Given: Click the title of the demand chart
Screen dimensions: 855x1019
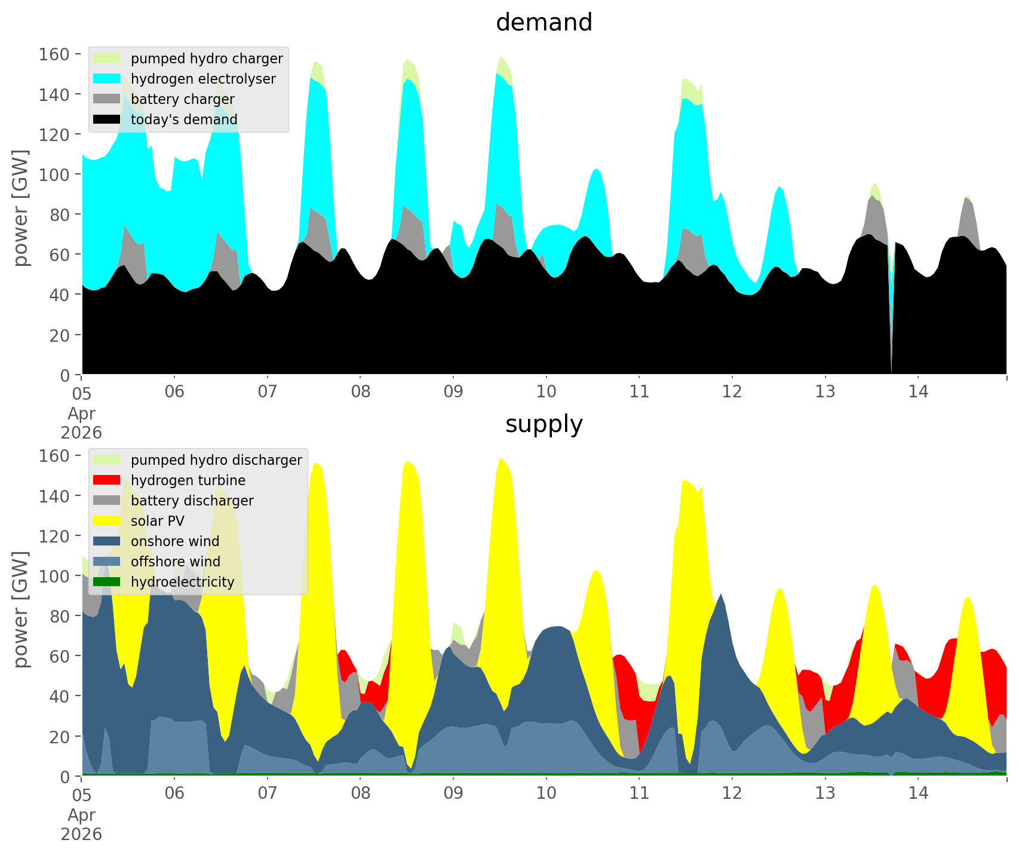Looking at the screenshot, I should (544, 23).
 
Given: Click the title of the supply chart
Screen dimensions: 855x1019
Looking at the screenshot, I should (544, 424).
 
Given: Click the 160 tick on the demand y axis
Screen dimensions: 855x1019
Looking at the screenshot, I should (54, 54).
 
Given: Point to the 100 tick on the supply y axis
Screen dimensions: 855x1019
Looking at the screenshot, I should (54, 576).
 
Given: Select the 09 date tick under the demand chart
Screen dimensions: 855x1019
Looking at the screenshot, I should (453, 392).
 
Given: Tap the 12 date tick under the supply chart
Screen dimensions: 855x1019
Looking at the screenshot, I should (732, 793).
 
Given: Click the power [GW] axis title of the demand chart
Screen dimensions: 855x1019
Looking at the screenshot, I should (21, 208).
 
